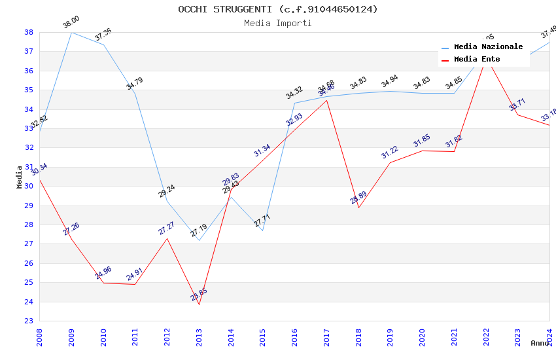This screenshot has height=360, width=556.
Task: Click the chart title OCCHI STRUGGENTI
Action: click(277, 9)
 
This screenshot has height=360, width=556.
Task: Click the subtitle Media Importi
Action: click(277, 24)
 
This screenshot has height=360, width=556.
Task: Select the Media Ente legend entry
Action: click(477, 60)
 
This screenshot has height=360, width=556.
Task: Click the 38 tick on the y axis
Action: click(29, 32)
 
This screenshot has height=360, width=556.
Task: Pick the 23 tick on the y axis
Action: click(29, 321)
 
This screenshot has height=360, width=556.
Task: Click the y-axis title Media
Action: click(20, 177)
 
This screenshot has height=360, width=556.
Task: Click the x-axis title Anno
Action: click(540, 343)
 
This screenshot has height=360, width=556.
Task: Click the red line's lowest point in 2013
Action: click(199, 304)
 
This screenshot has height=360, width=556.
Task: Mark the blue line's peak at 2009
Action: click(71, 32)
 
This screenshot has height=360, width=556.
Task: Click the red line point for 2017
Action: click(326, 100)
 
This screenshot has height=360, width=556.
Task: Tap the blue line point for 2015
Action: click(262, 230)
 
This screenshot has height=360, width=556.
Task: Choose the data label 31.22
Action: click(390, 153)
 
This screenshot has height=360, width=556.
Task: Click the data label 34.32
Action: click(294, 93)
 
